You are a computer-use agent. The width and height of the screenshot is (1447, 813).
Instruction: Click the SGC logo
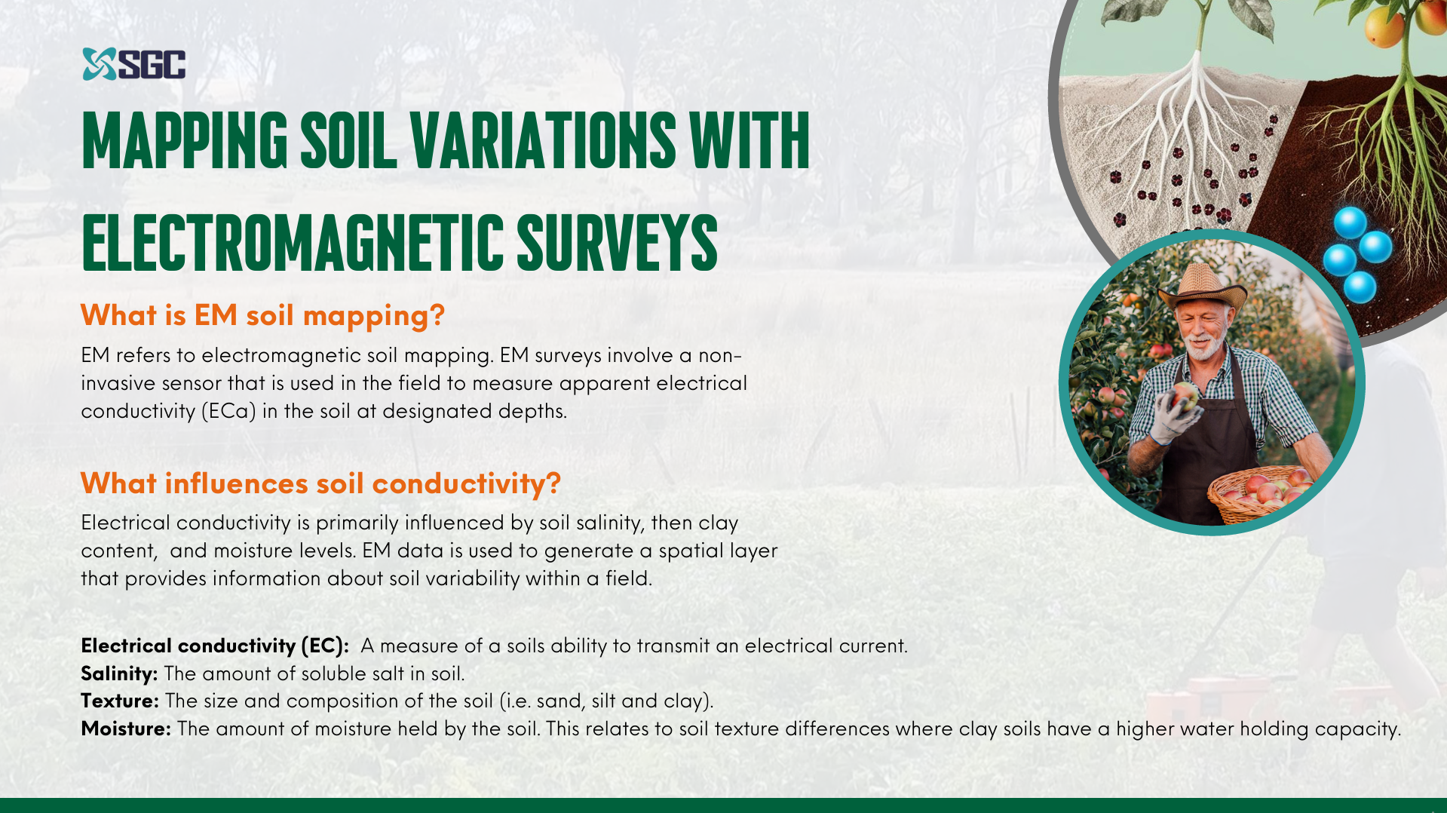coord(133,64)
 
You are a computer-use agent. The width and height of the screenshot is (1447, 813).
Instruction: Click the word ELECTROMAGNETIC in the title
coord(293,242)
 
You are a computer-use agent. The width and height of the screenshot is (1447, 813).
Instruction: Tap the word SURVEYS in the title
coord(617,242)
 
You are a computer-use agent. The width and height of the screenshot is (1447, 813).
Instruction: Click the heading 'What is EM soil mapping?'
coord(262,315)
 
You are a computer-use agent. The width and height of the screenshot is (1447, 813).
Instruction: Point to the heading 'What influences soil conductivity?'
coord(320,483)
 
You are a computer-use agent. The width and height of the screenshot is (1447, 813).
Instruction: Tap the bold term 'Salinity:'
coord(119,673)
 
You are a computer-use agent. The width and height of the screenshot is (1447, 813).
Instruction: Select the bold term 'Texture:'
coord(120,701)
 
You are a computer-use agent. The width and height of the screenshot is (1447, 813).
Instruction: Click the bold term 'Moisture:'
coord(126,729)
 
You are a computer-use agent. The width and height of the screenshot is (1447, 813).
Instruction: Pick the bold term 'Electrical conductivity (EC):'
coord(215,646)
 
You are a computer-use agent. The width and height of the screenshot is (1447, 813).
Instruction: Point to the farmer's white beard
coord(1203,346)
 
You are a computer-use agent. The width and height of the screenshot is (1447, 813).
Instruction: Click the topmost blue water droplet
coord(1350,222)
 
